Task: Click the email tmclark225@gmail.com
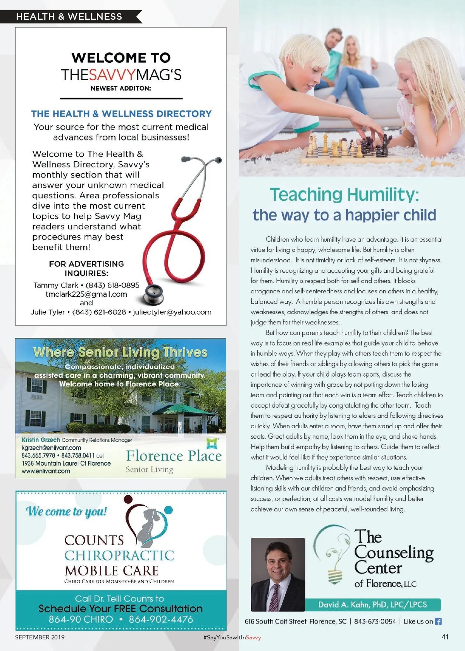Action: (86, 294)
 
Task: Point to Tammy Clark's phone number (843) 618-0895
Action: (112, 285)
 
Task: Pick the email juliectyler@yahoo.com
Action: (172, 312)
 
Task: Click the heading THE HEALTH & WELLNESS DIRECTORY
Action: (121, 114)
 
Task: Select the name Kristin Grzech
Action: (41, 440)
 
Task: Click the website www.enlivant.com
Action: (46, 471)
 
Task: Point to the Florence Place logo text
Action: (174, 456)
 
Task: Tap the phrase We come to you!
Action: (66, 511)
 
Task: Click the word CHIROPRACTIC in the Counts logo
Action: (119, 556)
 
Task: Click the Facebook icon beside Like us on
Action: (438, 621)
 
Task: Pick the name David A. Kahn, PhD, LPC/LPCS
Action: (372, 604)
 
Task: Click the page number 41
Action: (445, 637)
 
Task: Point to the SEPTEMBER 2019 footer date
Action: (40, 637)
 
